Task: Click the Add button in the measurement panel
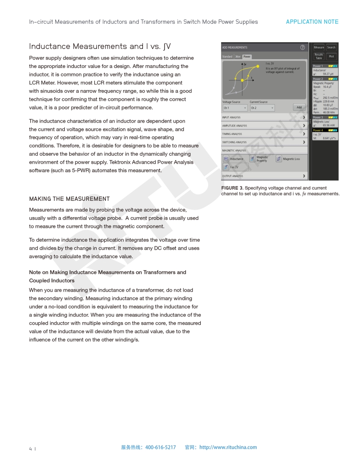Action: point(299,107)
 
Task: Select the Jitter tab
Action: point(238,56)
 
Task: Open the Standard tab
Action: point(227,56)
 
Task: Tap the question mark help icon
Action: point(303,47)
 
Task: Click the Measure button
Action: point(319,47)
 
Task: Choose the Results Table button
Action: point(319,56)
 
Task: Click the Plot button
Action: point(331,56)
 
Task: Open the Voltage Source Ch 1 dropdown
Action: point(235,108)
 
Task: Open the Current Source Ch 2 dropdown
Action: point(262,108)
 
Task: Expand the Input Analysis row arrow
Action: point(304,117)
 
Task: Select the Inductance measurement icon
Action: point(225,159)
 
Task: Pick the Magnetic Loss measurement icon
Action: point(279,158)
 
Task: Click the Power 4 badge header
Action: point(318,131)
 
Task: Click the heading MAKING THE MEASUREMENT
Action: point(69,199)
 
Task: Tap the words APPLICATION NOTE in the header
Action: point(312,22)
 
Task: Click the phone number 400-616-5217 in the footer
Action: point(160,447)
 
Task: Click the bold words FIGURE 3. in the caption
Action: point(232,188)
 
